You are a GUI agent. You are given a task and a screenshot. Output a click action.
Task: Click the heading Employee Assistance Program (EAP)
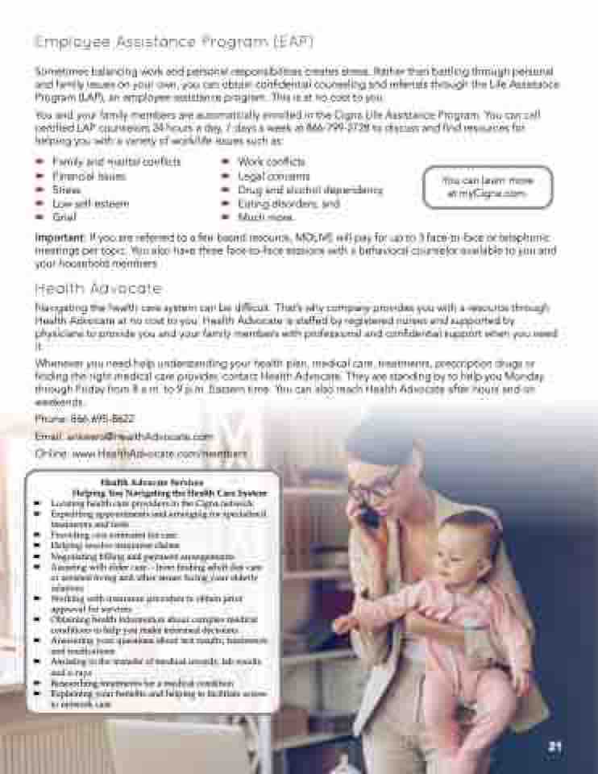174,41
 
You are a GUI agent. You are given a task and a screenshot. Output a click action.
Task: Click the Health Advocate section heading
98,289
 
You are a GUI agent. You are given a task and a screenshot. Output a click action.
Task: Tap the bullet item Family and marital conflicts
117,162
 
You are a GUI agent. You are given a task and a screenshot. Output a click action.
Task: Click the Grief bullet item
64,218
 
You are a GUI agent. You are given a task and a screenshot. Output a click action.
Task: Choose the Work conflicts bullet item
271,162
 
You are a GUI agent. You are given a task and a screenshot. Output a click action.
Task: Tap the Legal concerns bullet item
273,176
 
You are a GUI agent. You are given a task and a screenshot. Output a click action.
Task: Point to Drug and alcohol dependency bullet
309,190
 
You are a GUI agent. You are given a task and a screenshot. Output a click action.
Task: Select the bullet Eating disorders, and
288,204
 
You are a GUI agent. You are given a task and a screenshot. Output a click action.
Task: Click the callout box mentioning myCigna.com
488,187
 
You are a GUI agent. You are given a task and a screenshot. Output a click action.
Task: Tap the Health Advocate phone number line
85,419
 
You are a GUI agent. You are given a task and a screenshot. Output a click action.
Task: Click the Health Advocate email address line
124,436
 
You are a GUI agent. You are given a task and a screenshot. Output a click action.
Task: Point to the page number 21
554,747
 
